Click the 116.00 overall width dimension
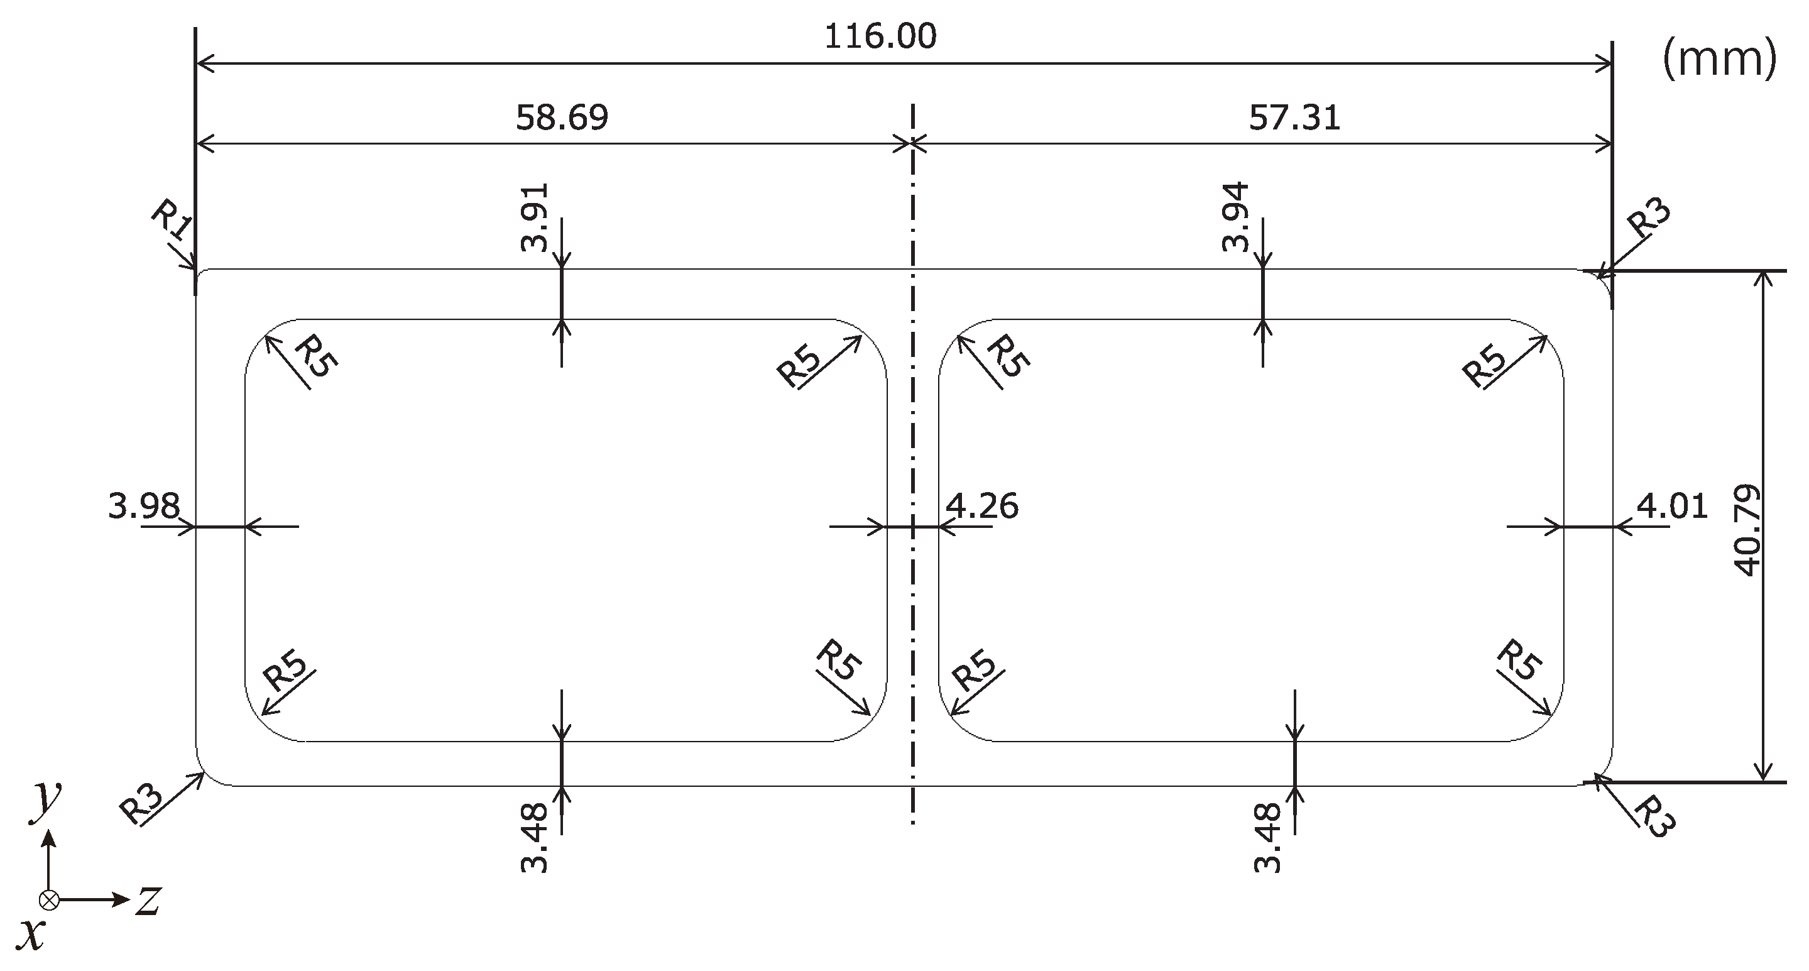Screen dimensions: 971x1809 (x=880, y=36)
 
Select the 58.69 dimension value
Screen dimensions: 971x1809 (x=562, y=118)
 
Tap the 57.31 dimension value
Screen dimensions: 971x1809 (x=1294, y=118)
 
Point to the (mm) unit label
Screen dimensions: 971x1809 (x=1720, y=60)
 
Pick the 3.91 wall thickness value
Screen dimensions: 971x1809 (x=535, y=218)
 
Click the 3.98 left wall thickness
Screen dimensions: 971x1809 (x=144, y=506)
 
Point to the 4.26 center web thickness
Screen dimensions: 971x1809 (x=981, y=506)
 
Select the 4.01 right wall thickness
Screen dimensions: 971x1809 (x=1672, y=506)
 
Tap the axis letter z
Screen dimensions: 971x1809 (x=149, y=901)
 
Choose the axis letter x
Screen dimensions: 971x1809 (x=31, y=935)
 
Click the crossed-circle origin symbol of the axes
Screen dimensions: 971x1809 (x=48, y=899)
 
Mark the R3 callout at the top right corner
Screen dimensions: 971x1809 (x=1649, y=219)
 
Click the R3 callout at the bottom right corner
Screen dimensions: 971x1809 (x=1655, y=817)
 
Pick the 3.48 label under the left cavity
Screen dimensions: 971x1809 (x=535, y=838)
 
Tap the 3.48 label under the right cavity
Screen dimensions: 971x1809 (x=1267, y=838)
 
